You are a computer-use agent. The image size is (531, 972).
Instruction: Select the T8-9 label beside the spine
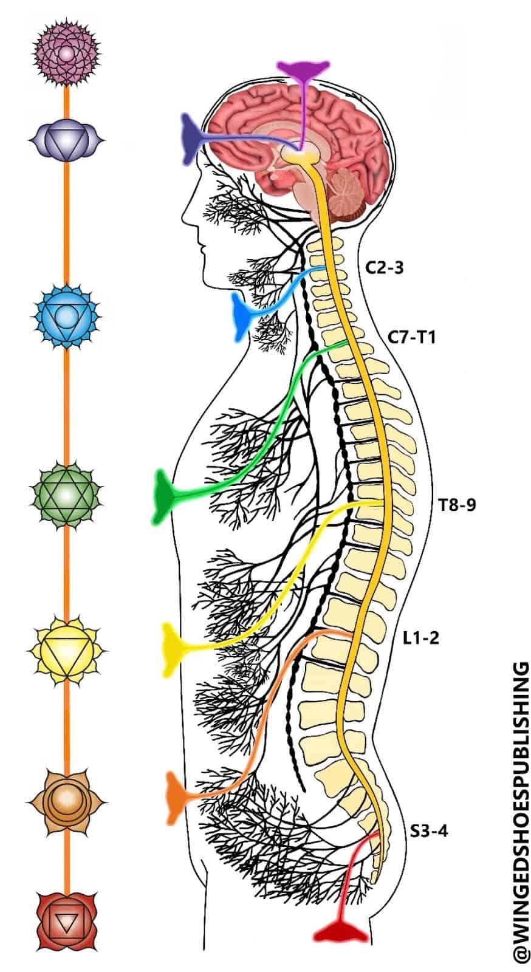(x=457, y=504)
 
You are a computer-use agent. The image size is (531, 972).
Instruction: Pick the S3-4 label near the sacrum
(x=429, y=830)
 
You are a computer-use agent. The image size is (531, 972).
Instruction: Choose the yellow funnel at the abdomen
(x=171, y=649)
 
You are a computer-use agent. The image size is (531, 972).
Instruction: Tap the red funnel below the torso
(x=340, y=933)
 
